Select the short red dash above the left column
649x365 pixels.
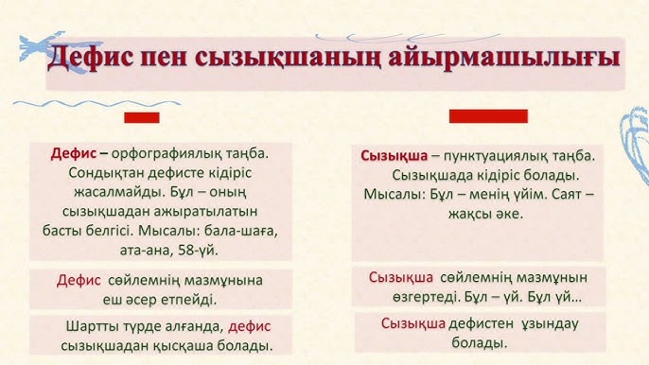pos(142,117)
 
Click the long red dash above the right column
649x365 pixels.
pos(487,115)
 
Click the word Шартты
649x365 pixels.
pos(92,325)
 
